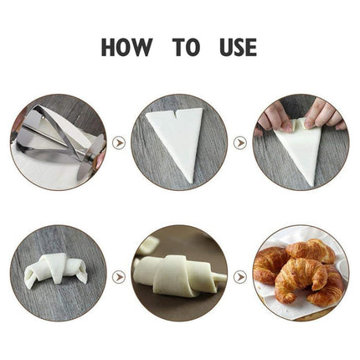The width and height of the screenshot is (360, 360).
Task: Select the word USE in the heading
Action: pyautogui.click(x=234, y=47)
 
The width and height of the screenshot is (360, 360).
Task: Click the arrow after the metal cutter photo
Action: pyautogui.click(x=119, y=142)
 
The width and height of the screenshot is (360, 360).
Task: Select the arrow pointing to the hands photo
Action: pyautogui.click(x=239, y=142)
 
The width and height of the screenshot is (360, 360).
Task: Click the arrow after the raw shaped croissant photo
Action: pyautogui.click(x=119, y=275)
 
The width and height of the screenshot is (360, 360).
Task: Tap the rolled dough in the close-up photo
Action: pyautogui.click(x=180, y=280)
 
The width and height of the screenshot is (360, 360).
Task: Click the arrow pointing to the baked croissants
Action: pyautogui.click(x=239, y=275)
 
